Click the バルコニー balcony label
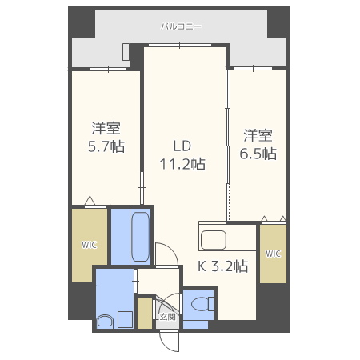pyautogui.click(x=181, y=26)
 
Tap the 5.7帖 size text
pyautogui.click(x=105, y=146)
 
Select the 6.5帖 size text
pyautogui.click(x=258, y=153)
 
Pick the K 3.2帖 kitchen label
pyautogui.click(x=222, y=266)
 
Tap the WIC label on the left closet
pyautogui.click(x=88, y=245)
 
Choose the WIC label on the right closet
pyautogui.click(x=273, y=254)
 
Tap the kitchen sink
pyautogui.click(x=214, y=239)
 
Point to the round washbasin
pyautogui.click(x=105, y=321)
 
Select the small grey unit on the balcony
pyautogui.click(x=126, y=52)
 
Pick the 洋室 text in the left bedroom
pyautogui.click(x=105, y=127)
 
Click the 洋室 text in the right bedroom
pyautogui.click(x=258, y=134)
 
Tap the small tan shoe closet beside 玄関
pyautogui.click(x=144, y=313)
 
